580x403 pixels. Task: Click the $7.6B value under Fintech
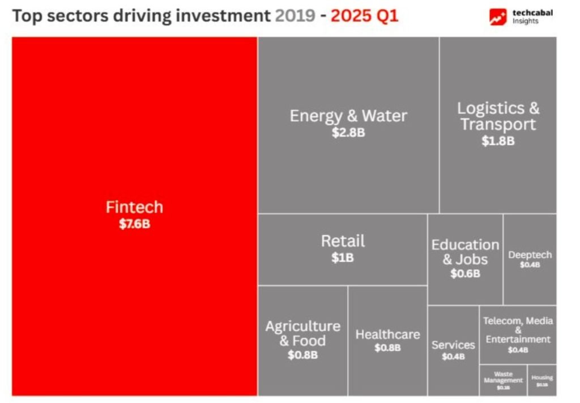point(134,224)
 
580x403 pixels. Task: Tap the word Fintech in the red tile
point(134,207)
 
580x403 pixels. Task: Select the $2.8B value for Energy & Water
point(348,133)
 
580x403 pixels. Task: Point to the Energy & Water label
point(348,116)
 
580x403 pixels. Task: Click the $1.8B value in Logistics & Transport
point(498,141)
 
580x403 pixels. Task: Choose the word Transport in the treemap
point(498,124)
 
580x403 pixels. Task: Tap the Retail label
point(343,241)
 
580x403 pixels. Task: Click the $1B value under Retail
point(343,258)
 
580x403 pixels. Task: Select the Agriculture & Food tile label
point(302,333)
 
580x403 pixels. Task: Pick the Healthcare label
point(387,334)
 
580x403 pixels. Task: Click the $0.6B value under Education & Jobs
point(465,274)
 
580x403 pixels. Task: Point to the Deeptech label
point(530,255)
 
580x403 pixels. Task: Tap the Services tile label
point(453,345)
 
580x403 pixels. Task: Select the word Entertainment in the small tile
point(518,340)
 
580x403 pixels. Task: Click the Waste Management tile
point(503,380)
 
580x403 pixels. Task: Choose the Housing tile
point(542,380)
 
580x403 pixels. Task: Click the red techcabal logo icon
point(498,17)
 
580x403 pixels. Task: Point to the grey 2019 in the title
point(295,15)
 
